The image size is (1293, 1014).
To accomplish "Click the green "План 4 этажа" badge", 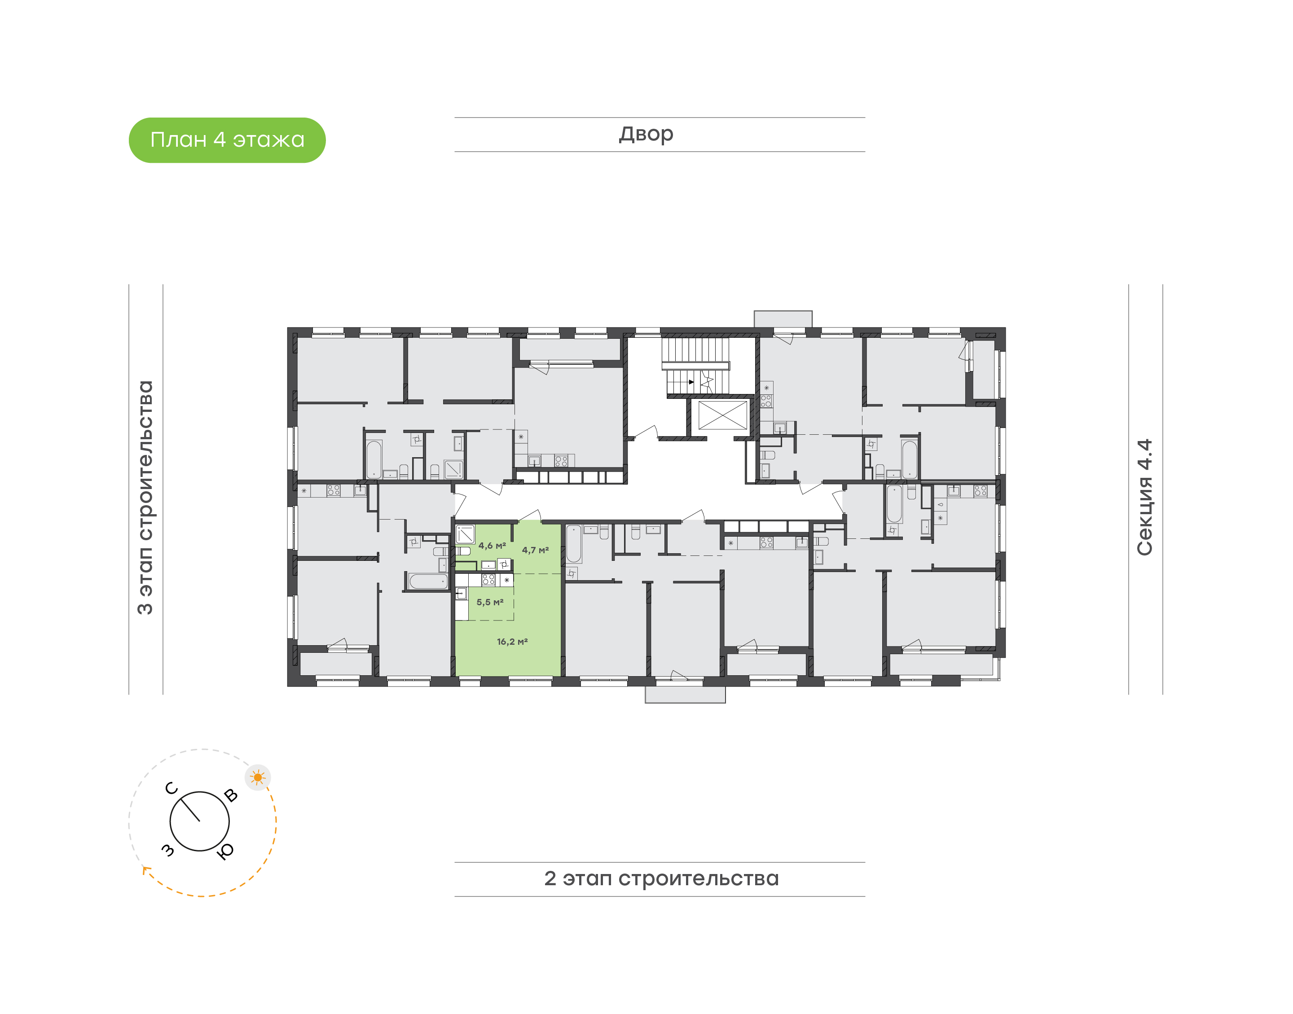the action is (x=227, y=140).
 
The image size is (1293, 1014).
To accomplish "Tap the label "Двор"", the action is (x=646, y=134).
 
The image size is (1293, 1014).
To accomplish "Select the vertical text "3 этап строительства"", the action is (x=145, y=497).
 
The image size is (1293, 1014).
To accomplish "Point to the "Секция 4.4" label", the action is (x=1144, y=497).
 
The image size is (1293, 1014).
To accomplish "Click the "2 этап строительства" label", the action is (x=661, y=878).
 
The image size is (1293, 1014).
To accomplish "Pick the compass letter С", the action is (x=171, y=788).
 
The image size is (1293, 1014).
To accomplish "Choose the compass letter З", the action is (x=168, y=850).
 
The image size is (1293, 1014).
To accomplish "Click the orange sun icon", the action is (x=258, y=777).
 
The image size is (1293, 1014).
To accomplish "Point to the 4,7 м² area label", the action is (x=535, y=550).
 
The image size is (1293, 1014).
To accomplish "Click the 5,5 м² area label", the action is (x=489, y=602).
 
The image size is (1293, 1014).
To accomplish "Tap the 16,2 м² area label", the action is (x=512, y=641).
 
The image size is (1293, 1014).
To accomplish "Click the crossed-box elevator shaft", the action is (x=722, y=415).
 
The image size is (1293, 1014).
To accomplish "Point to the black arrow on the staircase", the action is (x=691, y=382).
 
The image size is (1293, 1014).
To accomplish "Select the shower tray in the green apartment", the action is (x=465, y=534).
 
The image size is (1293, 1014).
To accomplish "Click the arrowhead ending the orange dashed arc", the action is (x=145, y=870).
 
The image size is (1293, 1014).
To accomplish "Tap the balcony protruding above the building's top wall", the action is (x=783, y=319).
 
